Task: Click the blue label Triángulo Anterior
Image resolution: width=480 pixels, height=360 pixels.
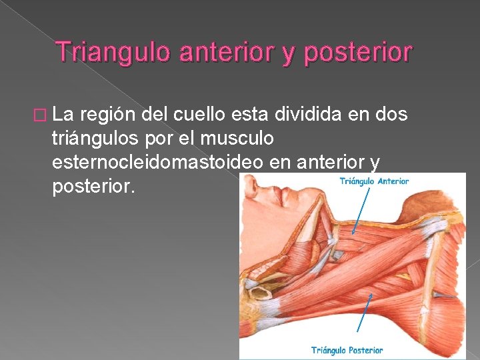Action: (373, 180)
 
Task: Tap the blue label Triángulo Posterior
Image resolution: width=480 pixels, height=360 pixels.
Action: (347, 349)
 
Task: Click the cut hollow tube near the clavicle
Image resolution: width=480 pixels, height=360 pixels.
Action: (255, 274)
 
